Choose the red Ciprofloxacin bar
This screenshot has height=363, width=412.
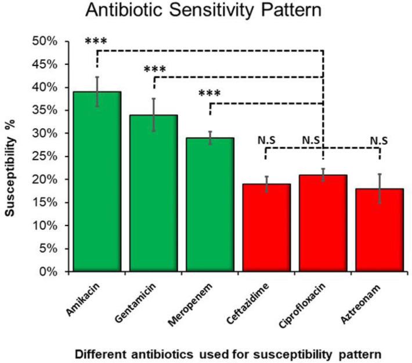click(323, 223)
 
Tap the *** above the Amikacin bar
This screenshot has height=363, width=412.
click(96, 42)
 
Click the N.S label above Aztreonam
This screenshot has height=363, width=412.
click(380, 140)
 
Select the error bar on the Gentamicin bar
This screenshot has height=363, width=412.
click(153, 114)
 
